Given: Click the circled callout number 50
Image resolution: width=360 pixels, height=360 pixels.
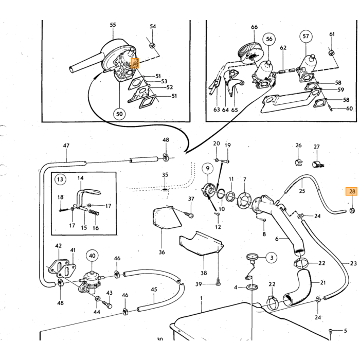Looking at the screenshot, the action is pyautogui.click(x=119, y=114).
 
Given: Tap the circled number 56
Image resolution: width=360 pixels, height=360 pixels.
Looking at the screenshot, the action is pyautogui.click(x=269, y=39).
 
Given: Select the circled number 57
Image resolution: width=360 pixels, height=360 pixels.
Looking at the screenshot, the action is pyautogui.click(x=306, y=37).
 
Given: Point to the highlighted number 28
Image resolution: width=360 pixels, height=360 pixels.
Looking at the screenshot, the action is pyautogui.click(x=352, y=191).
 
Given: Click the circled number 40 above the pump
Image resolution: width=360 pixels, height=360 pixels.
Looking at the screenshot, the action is pyautogui.click(x=92, y=256).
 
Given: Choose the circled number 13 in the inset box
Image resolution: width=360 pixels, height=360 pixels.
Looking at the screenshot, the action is pyautogui.click(x=60, y=179).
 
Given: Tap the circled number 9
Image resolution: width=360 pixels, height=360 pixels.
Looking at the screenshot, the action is pyautogui.click(x=208, y=169).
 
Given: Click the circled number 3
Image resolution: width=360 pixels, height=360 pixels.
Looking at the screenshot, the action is pyautogui.click(x=272, y=258).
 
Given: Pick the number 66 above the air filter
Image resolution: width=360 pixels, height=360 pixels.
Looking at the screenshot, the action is pyautogui.click(x=255, y=27).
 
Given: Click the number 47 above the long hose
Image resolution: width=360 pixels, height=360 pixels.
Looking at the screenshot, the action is pyautogui.click(x=66, y=146).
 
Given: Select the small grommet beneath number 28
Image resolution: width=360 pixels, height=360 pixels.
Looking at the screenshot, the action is pyautogui.click(x=352, y=210).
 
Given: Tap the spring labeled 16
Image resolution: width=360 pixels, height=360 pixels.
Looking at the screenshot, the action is pyautogui.click(x=94, y=212).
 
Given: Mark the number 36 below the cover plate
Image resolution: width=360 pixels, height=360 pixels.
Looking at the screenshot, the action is pyautogui.click(x=162, y=252).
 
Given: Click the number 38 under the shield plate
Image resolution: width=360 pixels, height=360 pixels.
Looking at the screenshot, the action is pyautogui.click(x=204, y=273).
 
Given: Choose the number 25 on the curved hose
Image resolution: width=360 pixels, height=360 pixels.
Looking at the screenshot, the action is pyautogui.click(x=302, y=191).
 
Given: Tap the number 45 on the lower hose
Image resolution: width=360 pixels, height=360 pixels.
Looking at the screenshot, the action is pyautogui.click(x=154, y=289).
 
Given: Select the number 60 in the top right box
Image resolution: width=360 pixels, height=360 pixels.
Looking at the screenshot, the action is pyautogui.click(x=349, y=108).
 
